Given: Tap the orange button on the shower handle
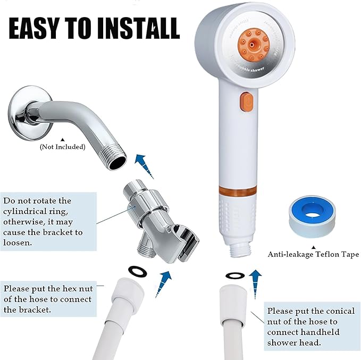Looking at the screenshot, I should [246, 101].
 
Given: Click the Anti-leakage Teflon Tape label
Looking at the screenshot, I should [314, 254].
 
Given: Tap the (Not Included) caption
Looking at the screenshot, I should [62, 147].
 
